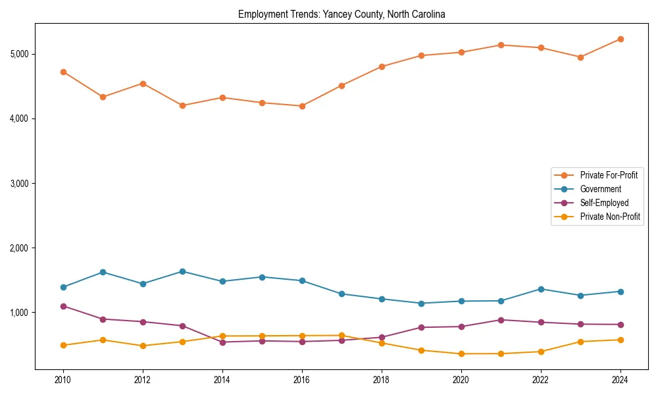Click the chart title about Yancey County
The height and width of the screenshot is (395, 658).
tap(342, 14)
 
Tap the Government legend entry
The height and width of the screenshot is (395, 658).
tap(600, 189)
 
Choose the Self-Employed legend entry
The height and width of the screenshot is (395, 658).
tap(604, 203)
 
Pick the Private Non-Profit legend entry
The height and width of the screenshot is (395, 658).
tap(610, 217)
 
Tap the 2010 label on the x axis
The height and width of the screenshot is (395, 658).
tap(63, 380)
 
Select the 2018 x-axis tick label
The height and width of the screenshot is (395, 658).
tap(382, 380)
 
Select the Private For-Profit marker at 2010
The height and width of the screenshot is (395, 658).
tap(63, 72)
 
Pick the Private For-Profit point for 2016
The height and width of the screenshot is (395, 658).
tap(302, 106)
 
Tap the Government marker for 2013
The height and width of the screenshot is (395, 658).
tap(182, 271)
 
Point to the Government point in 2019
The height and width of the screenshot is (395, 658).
tap(421, 303)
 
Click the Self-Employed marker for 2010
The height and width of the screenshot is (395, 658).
tap(63, 306)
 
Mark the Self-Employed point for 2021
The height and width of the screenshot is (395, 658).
tap(501, 320)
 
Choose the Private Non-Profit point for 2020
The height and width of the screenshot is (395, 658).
tap(461, 354)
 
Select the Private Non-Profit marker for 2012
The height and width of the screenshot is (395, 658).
tap(143, 346)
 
